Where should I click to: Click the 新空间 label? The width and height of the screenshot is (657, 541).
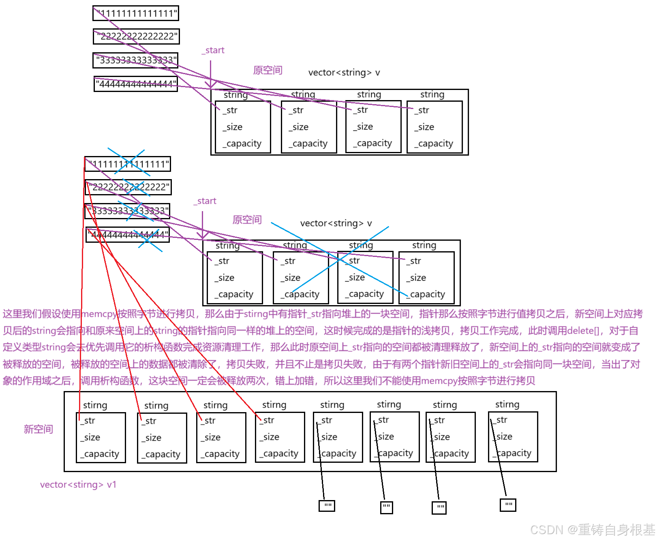point(38,429)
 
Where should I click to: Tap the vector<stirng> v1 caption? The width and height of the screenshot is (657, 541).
point(78,485)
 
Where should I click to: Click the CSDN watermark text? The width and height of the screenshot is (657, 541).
point(592,530)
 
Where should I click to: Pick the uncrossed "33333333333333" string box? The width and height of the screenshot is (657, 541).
point(136,60)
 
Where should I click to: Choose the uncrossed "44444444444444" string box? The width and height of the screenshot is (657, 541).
point(136,84)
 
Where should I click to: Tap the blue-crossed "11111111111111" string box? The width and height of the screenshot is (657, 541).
point(128,164)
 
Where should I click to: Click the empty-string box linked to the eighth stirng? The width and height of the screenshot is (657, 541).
point(508,505)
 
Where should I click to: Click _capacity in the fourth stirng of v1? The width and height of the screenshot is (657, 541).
point(279,454)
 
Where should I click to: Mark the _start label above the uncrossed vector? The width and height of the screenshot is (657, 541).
point(213,50)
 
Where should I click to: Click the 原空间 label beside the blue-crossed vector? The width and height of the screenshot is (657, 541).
point(247,220)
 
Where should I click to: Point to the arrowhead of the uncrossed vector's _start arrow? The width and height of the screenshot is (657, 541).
point(211,86)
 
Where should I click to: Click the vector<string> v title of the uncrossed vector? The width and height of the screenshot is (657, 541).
point(344,73)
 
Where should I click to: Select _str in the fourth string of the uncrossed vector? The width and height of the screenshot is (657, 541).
point(422,110)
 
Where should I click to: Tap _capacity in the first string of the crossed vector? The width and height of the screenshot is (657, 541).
point(234,294)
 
